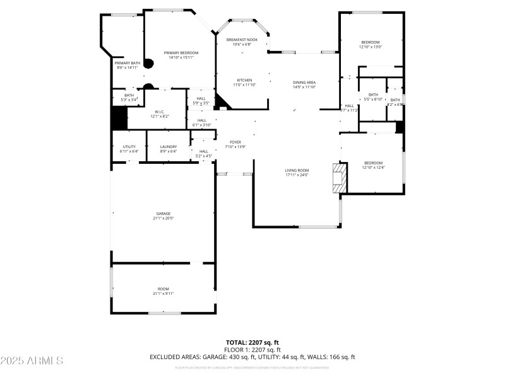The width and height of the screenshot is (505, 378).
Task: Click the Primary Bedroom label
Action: coord(181,52)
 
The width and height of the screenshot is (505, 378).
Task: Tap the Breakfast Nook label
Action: coord(242,40)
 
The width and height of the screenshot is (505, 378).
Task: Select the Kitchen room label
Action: coord(244,80)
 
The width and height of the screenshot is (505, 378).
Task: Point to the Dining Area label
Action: coord(304,83)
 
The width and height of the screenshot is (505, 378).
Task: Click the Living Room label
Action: coord(297,170)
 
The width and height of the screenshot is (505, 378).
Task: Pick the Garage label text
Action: coord(163,214)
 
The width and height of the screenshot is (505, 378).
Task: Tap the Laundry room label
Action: coord(168,147)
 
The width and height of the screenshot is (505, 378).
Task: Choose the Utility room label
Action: coord(129,147)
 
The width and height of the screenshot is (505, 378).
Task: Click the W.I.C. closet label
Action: coord(159,112)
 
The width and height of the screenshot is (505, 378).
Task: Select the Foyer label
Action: coord(235,142)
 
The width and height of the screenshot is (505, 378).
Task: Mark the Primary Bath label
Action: coord(127,63)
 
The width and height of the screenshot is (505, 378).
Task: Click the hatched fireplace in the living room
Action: coord(340,178)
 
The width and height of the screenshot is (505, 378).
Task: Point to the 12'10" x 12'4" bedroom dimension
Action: coord(373,168)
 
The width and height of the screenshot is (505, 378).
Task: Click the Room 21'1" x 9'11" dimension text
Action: coord(163,294)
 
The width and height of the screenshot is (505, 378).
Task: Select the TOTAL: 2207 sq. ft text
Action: coord(252,342)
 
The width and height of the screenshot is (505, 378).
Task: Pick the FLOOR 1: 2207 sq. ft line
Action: coord(252,350)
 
